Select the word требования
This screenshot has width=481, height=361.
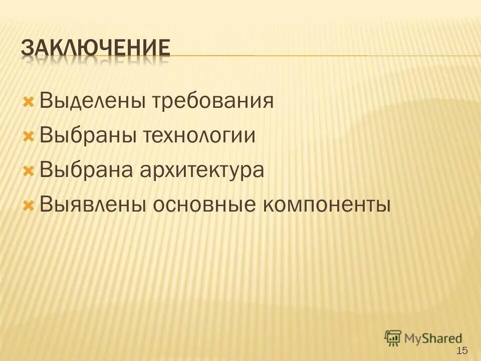click(x=213, y=102)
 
